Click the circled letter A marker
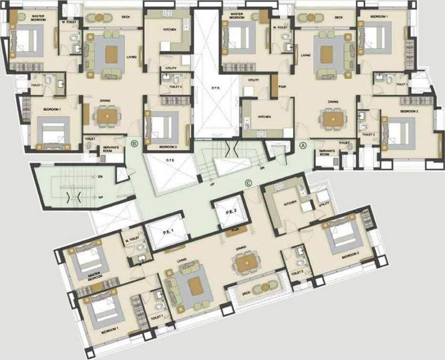(303, 145)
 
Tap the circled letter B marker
(134, 143)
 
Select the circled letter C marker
(248, 183)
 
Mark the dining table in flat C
(246, 264)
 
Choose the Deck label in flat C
(246, 293)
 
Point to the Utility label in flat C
(324, 203)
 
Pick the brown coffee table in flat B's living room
(111, 54)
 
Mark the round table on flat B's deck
(99, 18)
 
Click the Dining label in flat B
(105, 100)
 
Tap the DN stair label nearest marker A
(262, 168)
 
